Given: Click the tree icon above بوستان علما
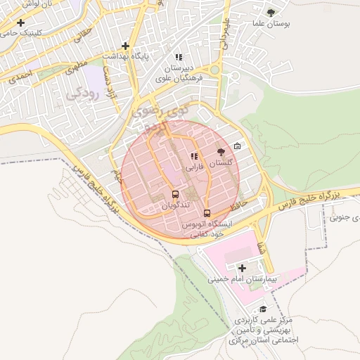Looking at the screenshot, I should point(271,12).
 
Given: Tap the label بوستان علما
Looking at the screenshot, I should point(271,23).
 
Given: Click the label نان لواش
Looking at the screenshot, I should point(19,4).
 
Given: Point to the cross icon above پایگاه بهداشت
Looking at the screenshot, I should point(126,45).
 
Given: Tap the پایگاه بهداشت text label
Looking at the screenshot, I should point(126,56).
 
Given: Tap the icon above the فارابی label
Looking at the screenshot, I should point(193,156).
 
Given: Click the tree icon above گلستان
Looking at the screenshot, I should point(221,152).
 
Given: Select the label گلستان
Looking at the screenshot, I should point(221,162).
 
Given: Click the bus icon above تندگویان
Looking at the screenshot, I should point(174,194).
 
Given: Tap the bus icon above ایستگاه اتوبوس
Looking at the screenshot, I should point(207,212).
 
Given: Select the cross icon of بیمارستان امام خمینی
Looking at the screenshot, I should point(243,268).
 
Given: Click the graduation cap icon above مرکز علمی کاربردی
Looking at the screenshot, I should point(264,309).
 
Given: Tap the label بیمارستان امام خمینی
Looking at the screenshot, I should point(243,279).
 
